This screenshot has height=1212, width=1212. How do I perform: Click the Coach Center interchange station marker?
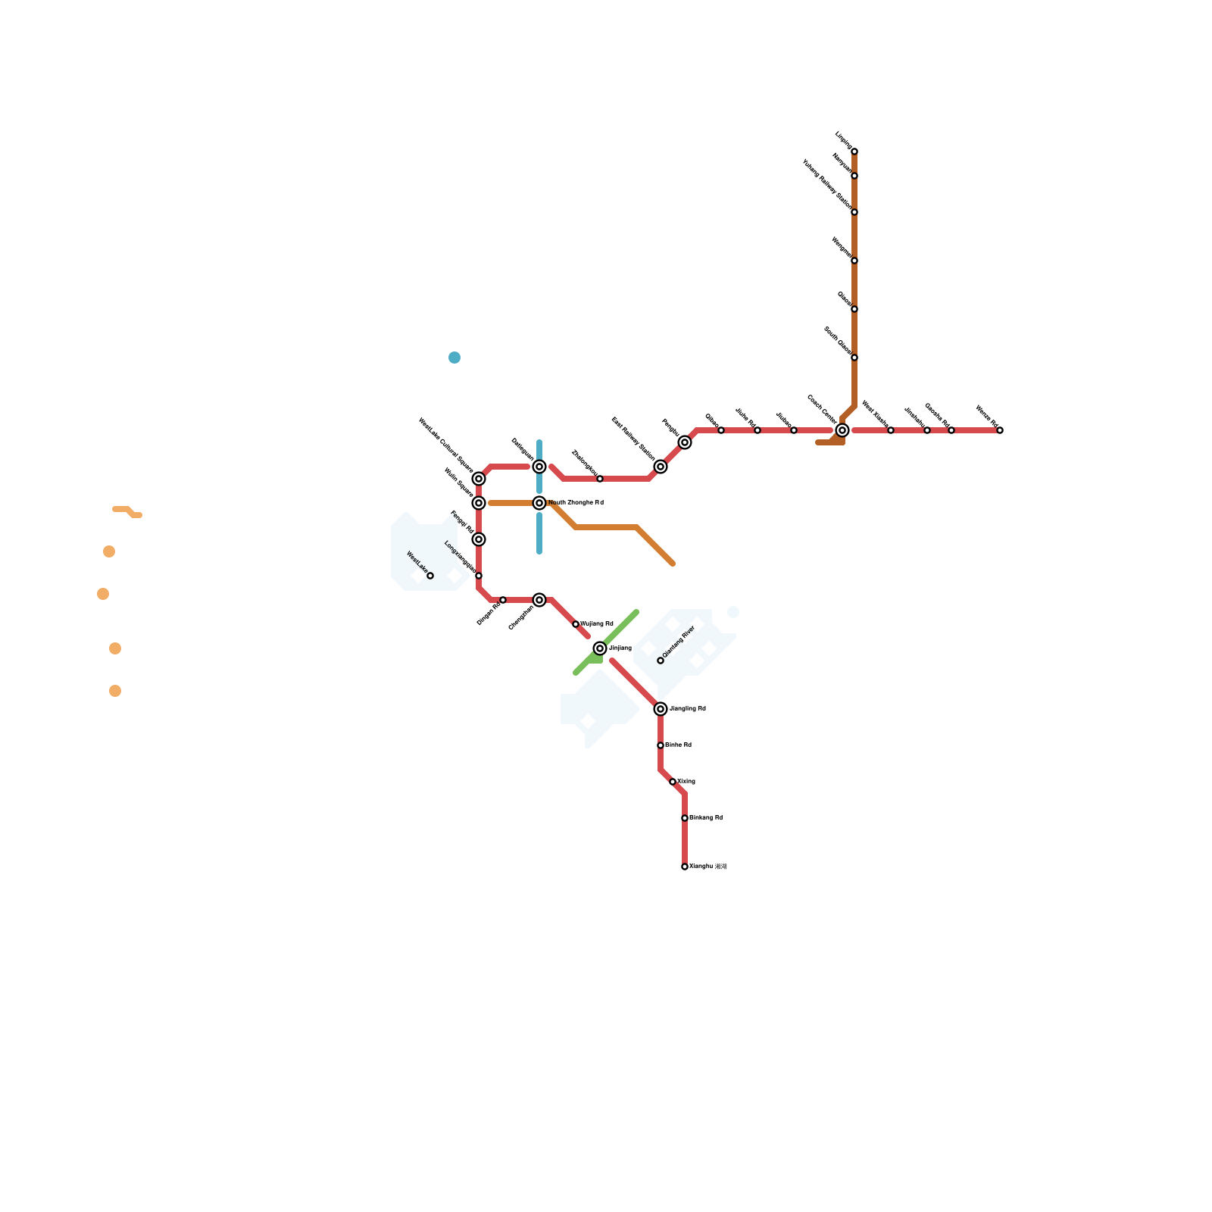tap(842, 430)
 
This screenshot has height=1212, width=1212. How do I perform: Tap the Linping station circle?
tap(854, 151)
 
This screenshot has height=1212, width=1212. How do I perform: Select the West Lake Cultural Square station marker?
tap(479, 479)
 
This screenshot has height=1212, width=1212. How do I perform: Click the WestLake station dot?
tap(430, 576)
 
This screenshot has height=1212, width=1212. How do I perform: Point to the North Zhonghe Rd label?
tap(576, 503)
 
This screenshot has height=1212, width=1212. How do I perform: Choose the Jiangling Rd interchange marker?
tap(661, 709)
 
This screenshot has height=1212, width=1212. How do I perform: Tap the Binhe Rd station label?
tap(679, 745)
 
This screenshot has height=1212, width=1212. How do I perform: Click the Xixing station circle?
tap(673, 782)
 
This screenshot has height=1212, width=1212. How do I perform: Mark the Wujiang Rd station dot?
tap(576, 624)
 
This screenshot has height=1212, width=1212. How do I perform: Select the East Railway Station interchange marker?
tap(661, 467)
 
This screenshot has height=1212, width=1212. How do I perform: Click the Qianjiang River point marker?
tap(661, 661)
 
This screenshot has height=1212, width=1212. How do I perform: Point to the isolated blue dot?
tap(454, 358)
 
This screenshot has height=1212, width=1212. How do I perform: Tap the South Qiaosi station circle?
tap(854, 358)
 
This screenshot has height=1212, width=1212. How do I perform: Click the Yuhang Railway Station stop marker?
tap(854, 212)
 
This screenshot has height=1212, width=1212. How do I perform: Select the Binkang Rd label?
tap(706, 818)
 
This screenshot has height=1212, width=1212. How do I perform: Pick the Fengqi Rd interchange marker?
tap(479, 539)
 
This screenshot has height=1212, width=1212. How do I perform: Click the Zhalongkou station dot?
tap(600, 479)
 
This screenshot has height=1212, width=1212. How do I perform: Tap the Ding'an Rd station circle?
tap(503, 600)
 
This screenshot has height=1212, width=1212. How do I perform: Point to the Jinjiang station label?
tap(620, 648)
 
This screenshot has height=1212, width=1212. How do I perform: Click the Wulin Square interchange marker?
tap(479, 503)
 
